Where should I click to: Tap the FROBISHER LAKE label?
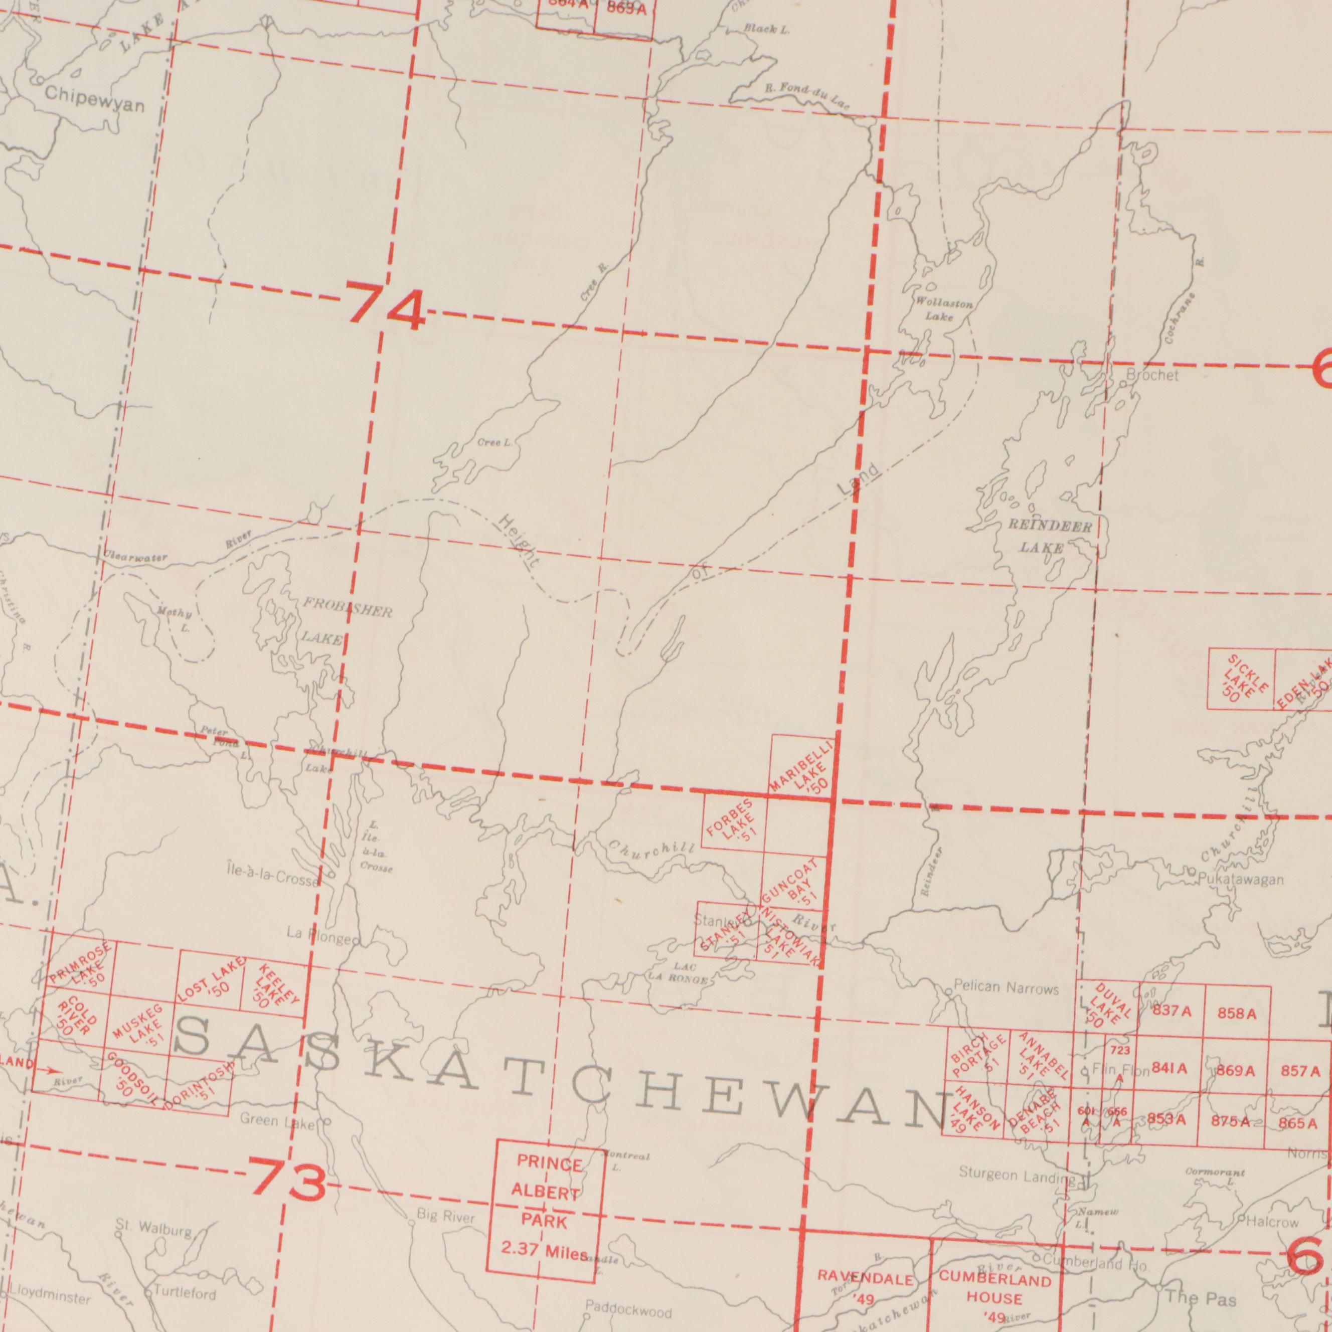tap(338, 622)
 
